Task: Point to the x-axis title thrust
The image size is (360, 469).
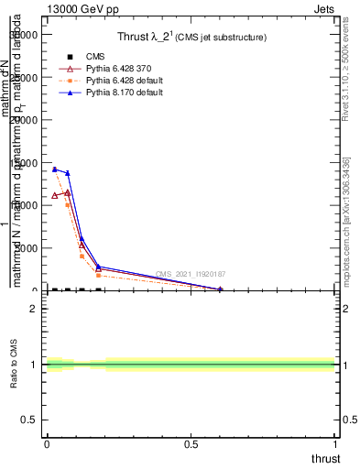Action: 325,459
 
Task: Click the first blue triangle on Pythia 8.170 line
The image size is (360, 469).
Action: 55,169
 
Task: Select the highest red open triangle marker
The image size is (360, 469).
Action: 68,192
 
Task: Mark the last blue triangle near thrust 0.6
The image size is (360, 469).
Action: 220,289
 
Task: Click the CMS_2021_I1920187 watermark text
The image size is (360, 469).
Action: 191,274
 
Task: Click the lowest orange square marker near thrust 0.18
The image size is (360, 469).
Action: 98,275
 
